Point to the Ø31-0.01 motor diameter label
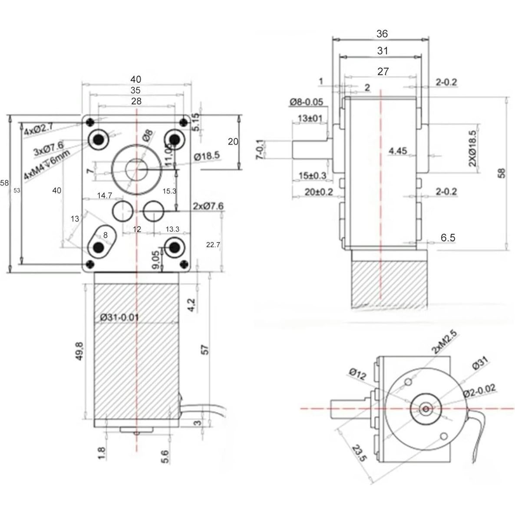click(x=119, y=317)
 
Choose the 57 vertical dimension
click(x=205, y=350)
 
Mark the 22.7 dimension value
click(x=213, y=245)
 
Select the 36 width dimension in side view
click(x=382, y=34)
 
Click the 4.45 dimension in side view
click(x=398, y=151)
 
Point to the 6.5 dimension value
click(x=448, y=238)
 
